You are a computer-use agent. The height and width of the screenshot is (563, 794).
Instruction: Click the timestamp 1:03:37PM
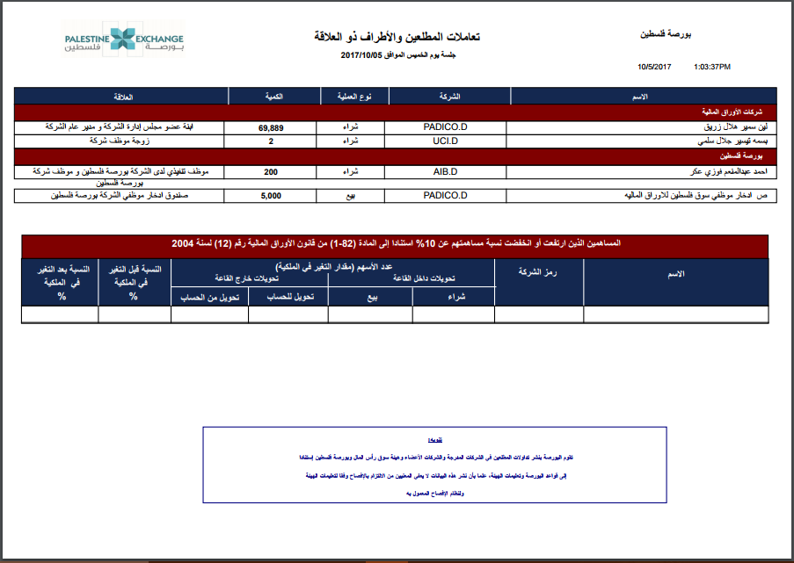712,66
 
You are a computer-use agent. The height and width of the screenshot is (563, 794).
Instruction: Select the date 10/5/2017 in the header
654,66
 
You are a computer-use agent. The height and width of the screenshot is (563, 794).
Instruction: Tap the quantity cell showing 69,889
271,128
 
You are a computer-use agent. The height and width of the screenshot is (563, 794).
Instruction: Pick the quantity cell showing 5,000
271,196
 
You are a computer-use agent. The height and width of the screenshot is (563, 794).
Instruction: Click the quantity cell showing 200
271,172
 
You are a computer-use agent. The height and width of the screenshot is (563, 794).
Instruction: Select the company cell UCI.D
447,141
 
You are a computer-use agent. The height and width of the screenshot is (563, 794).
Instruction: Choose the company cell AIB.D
447,172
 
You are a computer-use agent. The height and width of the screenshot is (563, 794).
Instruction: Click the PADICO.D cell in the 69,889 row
447,128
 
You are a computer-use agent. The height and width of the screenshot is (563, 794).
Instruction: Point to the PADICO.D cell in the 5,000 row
447,196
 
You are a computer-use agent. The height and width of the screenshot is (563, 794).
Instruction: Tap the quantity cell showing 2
271,141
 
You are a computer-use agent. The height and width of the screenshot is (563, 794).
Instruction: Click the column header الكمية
271,96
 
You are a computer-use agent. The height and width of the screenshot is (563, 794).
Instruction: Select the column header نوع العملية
351,96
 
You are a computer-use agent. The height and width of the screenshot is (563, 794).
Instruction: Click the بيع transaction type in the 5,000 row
351,196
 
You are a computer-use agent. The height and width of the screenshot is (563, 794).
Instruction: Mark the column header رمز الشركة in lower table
539,275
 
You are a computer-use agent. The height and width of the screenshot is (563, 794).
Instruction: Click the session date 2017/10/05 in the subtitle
361,55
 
